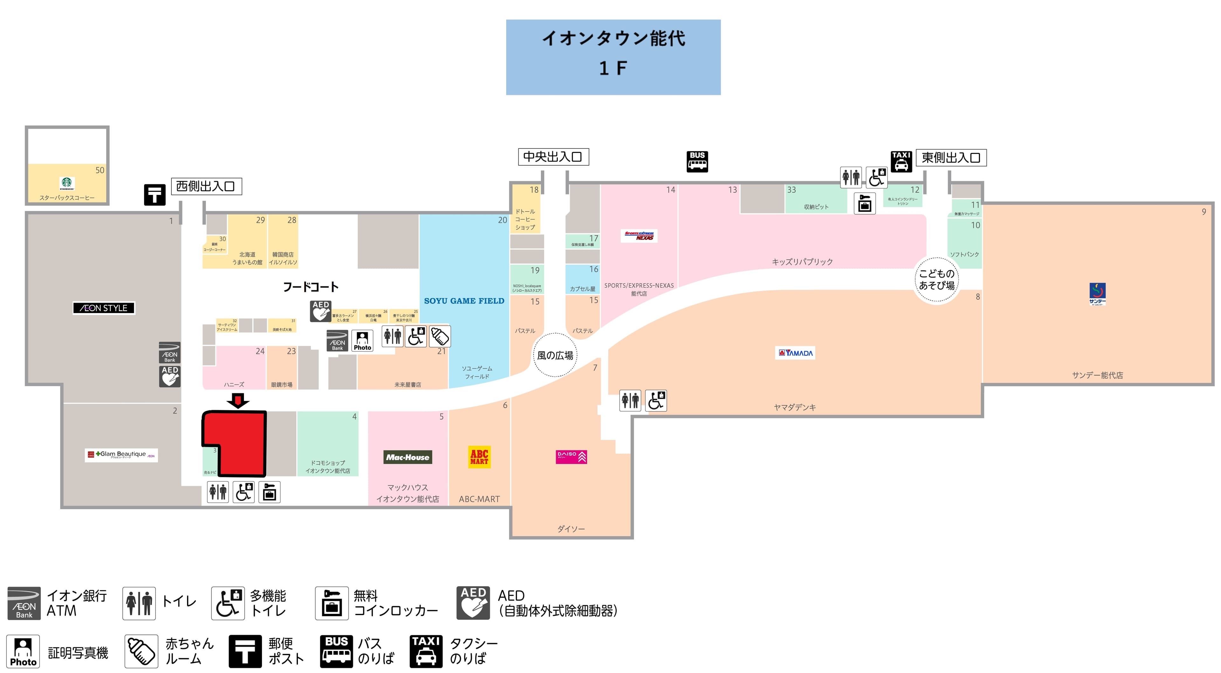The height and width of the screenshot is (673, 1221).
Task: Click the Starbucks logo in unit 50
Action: (x=67, y=183)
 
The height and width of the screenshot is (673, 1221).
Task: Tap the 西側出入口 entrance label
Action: (x=206, y=186)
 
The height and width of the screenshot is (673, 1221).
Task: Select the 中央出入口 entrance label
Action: (x=553, y=157)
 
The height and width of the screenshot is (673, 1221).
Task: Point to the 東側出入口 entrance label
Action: (x=950, y=158)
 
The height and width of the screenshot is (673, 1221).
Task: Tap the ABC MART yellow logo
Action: (x=479, y=457)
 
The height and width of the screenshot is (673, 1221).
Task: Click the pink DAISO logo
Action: (x=571, y=457)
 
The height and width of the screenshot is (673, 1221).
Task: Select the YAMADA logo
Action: (x=795, y=353)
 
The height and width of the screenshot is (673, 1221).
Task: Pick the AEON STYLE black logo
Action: (x=104, y=308)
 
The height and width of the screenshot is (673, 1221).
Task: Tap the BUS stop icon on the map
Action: (x=697, y=161)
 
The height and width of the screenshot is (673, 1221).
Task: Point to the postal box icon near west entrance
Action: (x=155, y=194)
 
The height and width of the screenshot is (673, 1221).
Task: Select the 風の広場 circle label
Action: (x=555, y=355)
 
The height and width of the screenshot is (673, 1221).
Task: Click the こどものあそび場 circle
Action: (x=937, y=280)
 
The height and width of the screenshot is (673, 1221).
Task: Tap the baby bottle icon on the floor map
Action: (x=440, y=336)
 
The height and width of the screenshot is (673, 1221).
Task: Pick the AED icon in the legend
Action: (x=473, y=603)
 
